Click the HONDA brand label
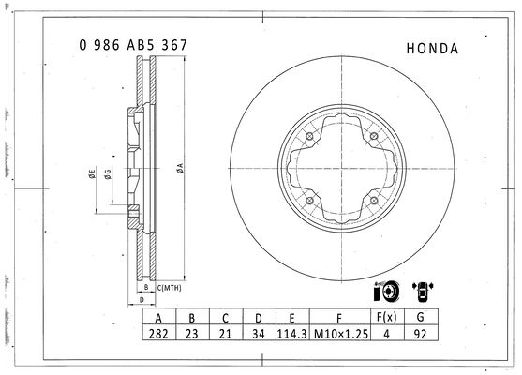[432, 49]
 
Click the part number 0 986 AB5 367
[133, 45]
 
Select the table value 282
[158, 334]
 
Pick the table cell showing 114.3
[292, 334]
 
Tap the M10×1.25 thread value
[341, 334]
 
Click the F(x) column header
[386, 317]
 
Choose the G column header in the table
[420, 317]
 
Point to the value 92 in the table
[420, 334]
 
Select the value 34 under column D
[259, 334]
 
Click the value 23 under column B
[192, 334]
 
